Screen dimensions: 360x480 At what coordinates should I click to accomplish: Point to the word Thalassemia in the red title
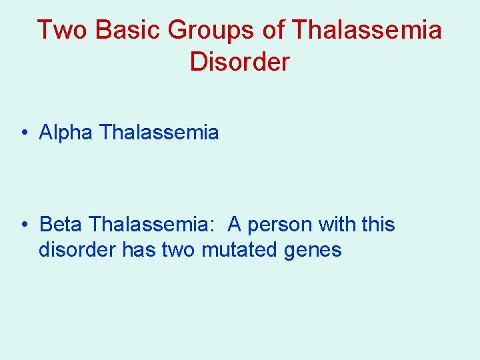(367, 30)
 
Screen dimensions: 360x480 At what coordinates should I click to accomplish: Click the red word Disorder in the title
(239, 62)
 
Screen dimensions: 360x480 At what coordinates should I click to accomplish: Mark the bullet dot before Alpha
(24, 133)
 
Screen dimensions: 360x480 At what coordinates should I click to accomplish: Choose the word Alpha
(66, 133)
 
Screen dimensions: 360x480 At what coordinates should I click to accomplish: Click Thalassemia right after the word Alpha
(159, 133)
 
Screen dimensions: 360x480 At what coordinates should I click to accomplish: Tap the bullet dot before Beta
(24, 225)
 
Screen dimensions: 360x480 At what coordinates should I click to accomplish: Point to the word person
(280, 225)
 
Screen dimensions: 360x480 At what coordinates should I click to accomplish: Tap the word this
(378, 225)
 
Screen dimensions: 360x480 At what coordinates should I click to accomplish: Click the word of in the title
(273, 30)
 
